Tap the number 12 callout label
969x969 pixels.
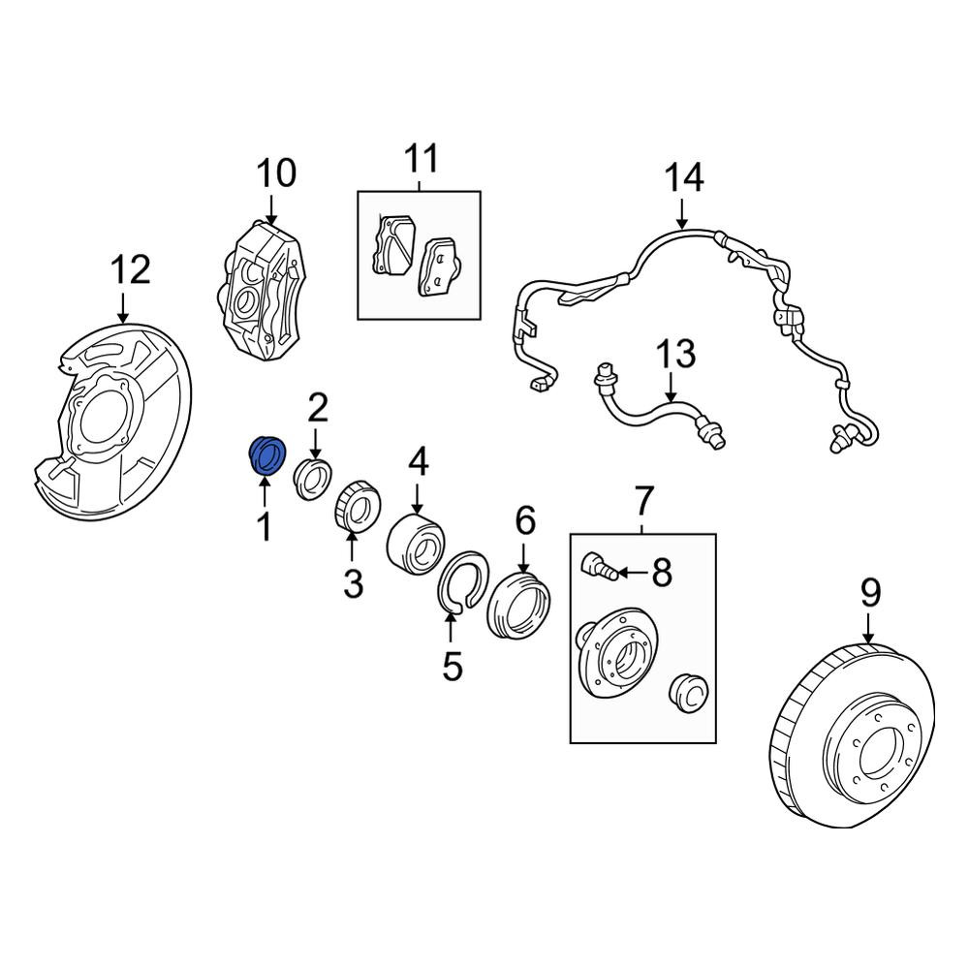131,270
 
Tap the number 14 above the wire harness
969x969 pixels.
684,178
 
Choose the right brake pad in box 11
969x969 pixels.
440,267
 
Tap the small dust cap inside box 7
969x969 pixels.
689,694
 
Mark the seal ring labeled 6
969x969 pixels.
518,607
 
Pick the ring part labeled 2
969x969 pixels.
313,479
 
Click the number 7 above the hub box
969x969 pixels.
643,501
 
